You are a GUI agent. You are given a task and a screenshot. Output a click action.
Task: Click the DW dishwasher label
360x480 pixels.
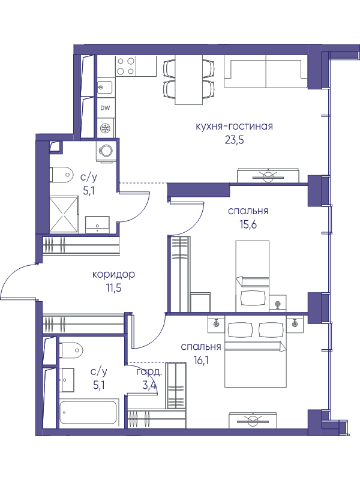(x=105, y=108)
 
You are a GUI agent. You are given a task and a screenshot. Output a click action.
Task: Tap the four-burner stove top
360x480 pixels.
(x=126, y=66)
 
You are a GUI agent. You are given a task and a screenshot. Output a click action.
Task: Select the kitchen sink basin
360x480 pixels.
(x=105, y=87)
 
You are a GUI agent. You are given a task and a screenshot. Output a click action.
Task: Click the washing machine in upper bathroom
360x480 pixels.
(x=107, y=151)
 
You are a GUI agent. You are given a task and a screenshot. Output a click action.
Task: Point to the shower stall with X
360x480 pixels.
(x=64, y=215)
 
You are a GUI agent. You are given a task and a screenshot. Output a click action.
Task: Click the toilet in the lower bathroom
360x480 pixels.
(x=71, y=350)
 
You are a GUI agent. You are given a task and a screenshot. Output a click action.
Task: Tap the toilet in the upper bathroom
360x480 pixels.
(x=61, y=175)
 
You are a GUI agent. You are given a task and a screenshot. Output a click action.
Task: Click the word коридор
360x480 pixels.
(x=113, y=274)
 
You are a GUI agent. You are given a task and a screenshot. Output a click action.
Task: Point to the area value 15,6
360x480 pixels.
(x=248, y=224)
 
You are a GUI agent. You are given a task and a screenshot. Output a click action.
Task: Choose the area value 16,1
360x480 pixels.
(x=201, y=361)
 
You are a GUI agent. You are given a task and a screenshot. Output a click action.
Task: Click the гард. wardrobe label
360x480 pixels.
(x=149, y=372)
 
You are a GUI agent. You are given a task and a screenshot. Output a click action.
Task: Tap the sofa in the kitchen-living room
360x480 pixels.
(x=265, y=72)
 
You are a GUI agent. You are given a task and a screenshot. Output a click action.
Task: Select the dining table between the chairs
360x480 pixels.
(x=189, y=80)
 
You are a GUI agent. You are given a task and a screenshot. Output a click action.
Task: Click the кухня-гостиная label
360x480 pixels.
(x=234, y=126)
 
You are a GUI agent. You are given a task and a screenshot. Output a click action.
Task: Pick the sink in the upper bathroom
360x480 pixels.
(x=97, y=224)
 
